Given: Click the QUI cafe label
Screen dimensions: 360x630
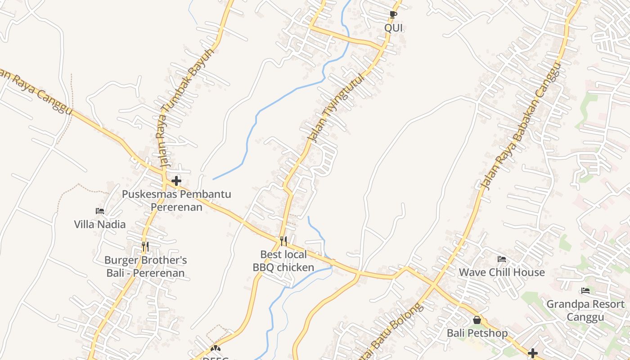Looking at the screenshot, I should [x=393, y=28].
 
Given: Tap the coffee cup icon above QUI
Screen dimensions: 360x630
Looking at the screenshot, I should [x=393, y=14].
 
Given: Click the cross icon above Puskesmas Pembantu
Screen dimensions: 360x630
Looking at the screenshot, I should [x=176, y=181].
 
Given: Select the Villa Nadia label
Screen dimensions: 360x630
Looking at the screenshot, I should [x=100, y=224].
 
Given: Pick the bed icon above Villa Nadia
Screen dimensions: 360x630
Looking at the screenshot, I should [x=100, y=211].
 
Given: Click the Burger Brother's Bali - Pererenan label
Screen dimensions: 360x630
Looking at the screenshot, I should [x=145, y=266].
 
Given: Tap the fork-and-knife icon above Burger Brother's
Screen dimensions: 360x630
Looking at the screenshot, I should [x=145, y=247].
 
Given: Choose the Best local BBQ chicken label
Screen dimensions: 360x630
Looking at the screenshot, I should [x=283, y=261].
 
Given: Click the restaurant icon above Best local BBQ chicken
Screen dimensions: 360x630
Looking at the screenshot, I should [x=283, y=241].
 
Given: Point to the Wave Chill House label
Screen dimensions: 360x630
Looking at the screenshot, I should [x=502, y=272].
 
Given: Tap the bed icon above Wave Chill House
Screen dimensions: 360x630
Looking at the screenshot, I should [x=502, y=259].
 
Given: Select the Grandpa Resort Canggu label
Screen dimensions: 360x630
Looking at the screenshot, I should [x=585, y=310].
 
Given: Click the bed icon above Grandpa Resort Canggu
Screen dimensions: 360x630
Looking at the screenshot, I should [x=585, y=291].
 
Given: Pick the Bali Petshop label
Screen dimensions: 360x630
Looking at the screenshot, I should [x=477, y=333].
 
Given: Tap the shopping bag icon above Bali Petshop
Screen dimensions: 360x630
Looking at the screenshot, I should [x=477, y=320].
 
